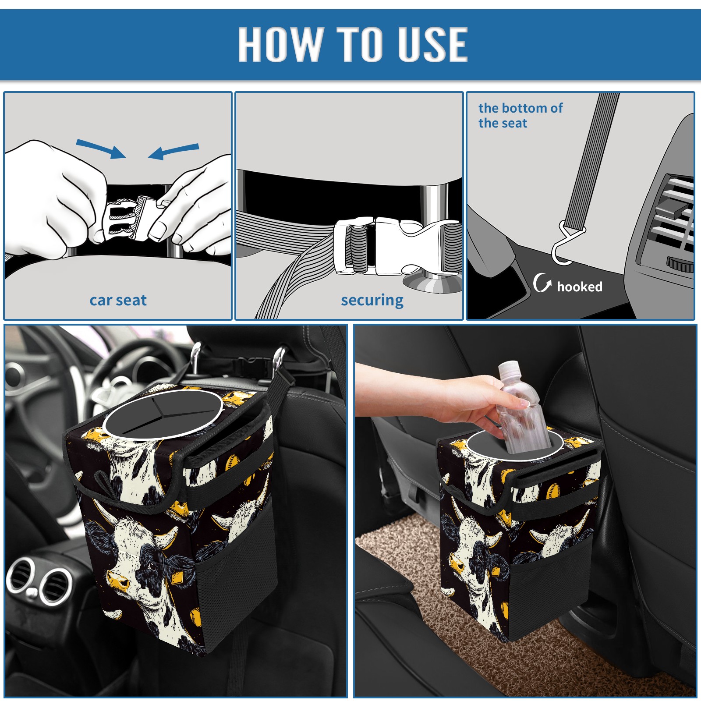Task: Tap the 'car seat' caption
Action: point(118,300)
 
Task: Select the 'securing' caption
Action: point(372,301)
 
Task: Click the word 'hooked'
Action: point(580,287)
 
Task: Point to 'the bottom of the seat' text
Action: point(520,115)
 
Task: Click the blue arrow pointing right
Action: point(101,149)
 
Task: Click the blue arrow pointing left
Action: point(173,151)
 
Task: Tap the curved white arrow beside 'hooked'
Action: point(542,283)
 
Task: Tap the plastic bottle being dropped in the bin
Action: point(523,407)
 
